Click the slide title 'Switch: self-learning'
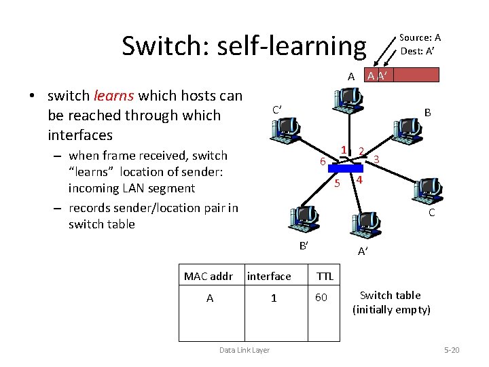point(243,46)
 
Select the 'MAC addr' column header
point(209,276)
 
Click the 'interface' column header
point(269,276)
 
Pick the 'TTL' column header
point(325,276)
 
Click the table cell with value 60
point(321,298)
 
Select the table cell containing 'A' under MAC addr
point(209,298)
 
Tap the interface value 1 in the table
point(274,298)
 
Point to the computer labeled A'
point(366,225)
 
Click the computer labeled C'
point(284,127)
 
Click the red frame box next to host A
point(402,74)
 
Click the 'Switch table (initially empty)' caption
point(391,302)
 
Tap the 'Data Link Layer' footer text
point(244,350)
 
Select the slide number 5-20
point(451,350)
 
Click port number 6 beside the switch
point(323,162)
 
